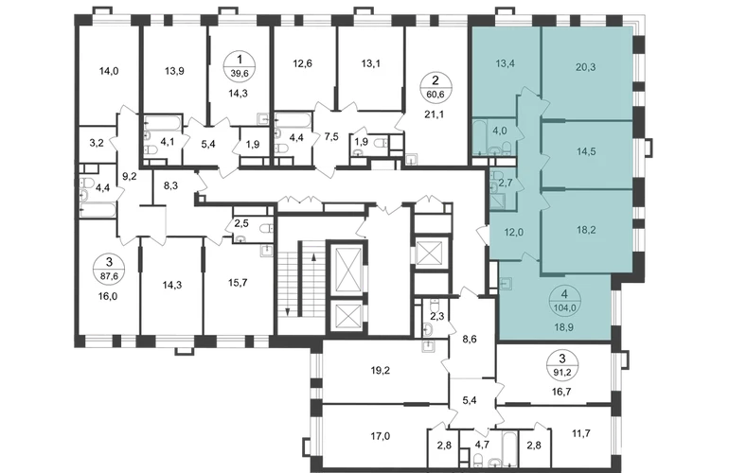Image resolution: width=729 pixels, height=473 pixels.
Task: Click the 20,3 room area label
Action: click(x=585, y=67)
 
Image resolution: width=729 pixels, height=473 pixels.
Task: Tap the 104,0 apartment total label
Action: click(x=565, y=307)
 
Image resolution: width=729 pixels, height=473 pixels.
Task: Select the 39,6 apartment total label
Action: click(x=240, y=73)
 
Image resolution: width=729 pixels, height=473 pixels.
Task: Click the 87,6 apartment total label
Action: click(x=109, y=275)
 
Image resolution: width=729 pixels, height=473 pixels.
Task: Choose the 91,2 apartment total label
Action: click(x=562, y=372)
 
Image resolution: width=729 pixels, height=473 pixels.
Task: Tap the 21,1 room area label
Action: click(x=435, y=114)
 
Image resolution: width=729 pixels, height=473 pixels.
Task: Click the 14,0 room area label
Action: click(x=109, y=71)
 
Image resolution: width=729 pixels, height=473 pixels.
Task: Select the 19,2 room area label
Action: click(x=381, y=370)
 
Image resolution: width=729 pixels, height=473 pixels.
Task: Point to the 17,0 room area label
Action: click(x=381, y=436)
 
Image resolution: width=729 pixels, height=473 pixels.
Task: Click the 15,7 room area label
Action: click(x=237, y=282)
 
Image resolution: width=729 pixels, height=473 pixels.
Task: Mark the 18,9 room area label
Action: click(x=564, y=327)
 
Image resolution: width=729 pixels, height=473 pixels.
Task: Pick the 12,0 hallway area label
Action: click(x=514, y=233)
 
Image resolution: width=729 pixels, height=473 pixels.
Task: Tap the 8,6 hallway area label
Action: click(x=471, y=340)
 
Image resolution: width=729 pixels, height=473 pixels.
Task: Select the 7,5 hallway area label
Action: click(x=331, y=136)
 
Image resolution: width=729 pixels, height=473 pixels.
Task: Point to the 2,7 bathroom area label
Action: click(x=506, y=183)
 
